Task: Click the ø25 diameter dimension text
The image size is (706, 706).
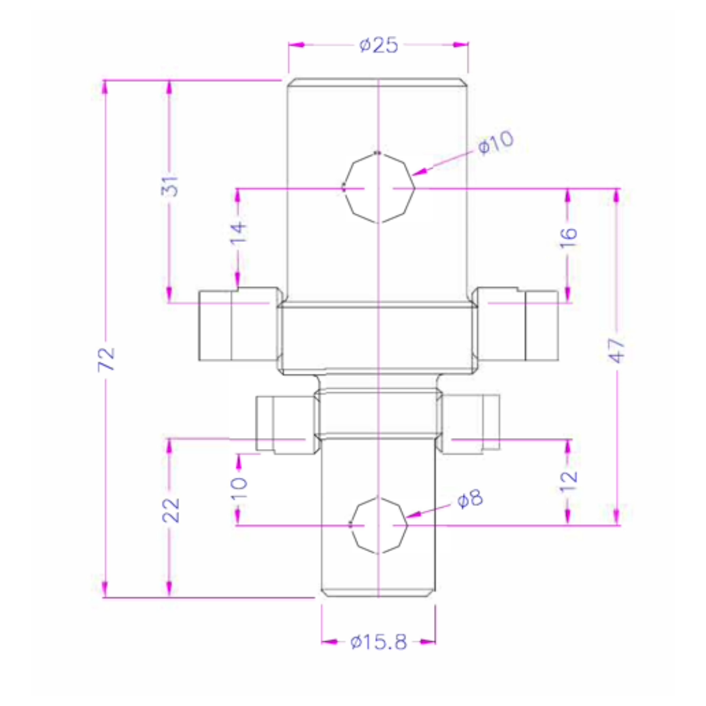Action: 378,45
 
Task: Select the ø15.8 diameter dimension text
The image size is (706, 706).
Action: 378,643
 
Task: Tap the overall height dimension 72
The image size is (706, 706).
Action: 107,359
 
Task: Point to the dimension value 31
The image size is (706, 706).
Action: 171,187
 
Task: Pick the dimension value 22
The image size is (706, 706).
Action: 171,510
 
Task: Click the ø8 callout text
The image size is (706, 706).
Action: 469,500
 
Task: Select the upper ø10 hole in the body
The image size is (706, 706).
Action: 378,188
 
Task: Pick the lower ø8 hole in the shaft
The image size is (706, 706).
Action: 378,525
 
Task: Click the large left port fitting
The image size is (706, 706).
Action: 239,324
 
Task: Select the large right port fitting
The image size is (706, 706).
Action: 518,324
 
